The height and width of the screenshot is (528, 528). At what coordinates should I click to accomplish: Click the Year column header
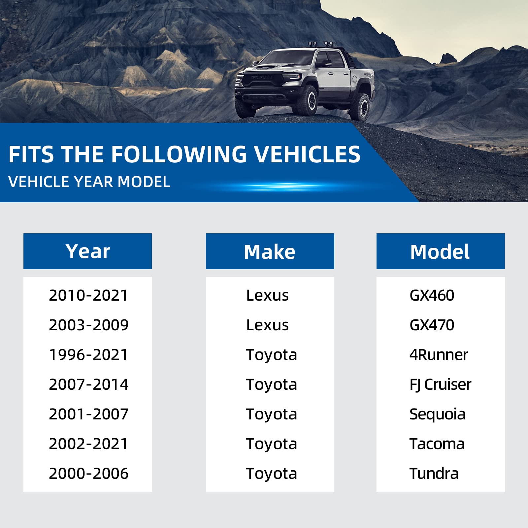point(87,251)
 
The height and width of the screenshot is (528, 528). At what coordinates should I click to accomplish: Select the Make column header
point(270,251)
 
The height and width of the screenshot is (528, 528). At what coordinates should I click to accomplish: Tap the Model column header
point(441,251)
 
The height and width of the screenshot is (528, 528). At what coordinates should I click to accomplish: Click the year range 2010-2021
point(88,295)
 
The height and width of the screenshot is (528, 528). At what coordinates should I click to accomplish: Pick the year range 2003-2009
point(88,325)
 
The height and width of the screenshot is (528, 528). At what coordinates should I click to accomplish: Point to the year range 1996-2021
point(88,355)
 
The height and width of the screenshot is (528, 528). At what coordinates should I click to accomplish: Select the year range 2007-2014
point(88,384)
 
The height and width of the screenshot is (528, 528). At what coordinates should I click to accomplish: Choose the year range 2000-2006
point(88,474)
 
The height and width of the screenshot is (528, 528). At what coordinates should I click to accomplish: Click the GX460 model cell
point(432,295)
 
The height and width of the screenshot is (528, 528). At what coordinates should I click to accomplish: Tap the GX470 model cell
point(432,325)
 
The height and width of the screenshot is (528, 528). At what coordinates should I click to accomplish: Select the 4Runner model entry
point(439,355)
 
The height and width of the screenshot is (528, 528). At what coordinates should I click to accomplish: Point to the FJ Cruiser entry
point(440,385)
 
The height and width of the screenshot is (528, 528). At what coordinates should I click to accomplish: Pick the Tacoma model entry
point(437,444)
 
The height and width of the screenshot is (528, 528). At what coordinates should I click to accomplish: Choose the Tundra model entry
point(434,474)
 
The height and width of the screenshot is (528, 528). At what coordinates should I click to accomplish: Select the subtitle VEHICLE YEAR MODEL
point(89,182)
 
